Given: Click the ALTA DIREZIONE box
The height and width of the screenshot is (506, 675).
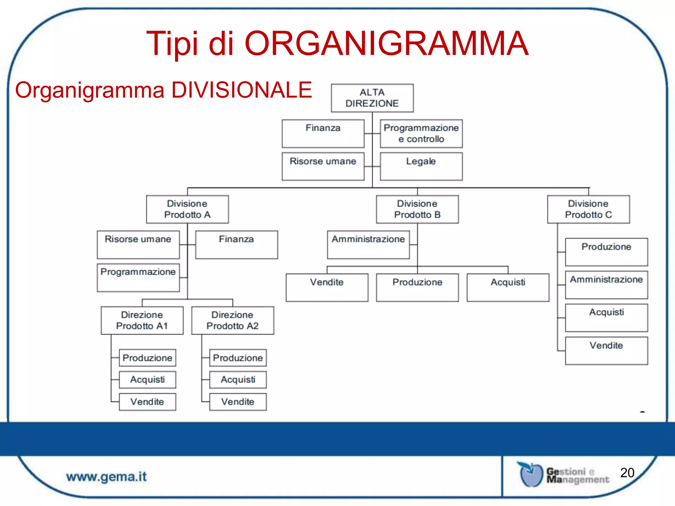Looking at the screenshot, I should click(372, 98).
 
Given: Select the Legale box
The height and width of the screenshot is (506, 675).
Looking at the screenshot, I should click(421, 166).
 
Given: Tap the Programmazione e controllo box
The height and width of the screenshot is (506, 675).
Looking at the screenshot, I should click(421, 133).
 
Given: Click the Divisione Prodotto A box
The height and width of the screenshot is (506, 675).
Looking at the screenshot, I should click(187, 209).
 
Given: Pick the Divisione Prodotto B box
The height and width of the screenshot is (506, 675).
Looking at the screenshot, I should click(417, 209).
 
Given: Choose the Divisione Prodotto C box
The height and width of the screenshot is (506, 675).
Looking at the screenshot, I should click(588, 209).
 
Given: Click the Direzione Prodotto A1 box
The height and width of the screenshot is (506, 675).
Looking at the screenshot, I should click(142, 320).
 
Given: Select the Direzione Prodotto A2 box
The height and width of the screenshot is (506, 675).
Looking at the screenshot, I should click(232, 320).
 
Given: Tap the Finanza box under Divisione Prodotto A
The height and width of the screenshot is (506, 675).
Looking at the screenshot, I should click(236, 244).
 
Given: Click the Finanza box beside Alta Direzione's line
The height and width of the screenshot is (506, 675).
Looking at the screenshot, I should click(323, 133).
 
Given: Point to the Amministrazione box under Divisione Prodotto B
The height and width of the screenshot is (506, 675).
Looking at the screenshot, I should click(368, 244).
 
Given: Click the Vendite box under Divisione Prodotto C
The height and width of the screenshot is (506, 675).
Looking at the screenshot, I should click(606, 351).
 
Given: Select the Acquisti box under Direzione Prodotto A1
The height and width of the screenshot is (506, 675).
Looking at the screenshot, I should click(147, 379).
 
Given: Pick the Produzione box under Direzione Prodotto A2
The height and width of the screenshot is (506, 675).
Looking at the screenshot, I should click(238, 358).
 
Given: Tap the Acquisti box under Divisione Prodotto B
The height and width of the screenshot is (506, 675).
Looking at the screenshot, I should click(508, 287).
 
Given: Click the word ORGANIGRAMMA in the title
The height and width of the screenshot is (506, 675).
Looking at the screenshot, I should click(386, 43).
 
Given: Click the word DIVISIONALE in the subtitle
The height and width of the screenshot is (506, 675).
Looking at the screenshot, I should click(242, 90).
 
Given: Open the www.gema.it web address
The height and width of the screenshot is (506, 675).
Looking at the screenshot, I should click(106, 477).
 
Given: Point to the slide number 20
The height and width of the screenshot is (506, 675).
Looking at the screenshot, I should click(627, 473).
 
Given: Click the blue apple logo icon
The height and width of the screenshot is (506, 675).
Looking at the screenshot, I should click(531, 474).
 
